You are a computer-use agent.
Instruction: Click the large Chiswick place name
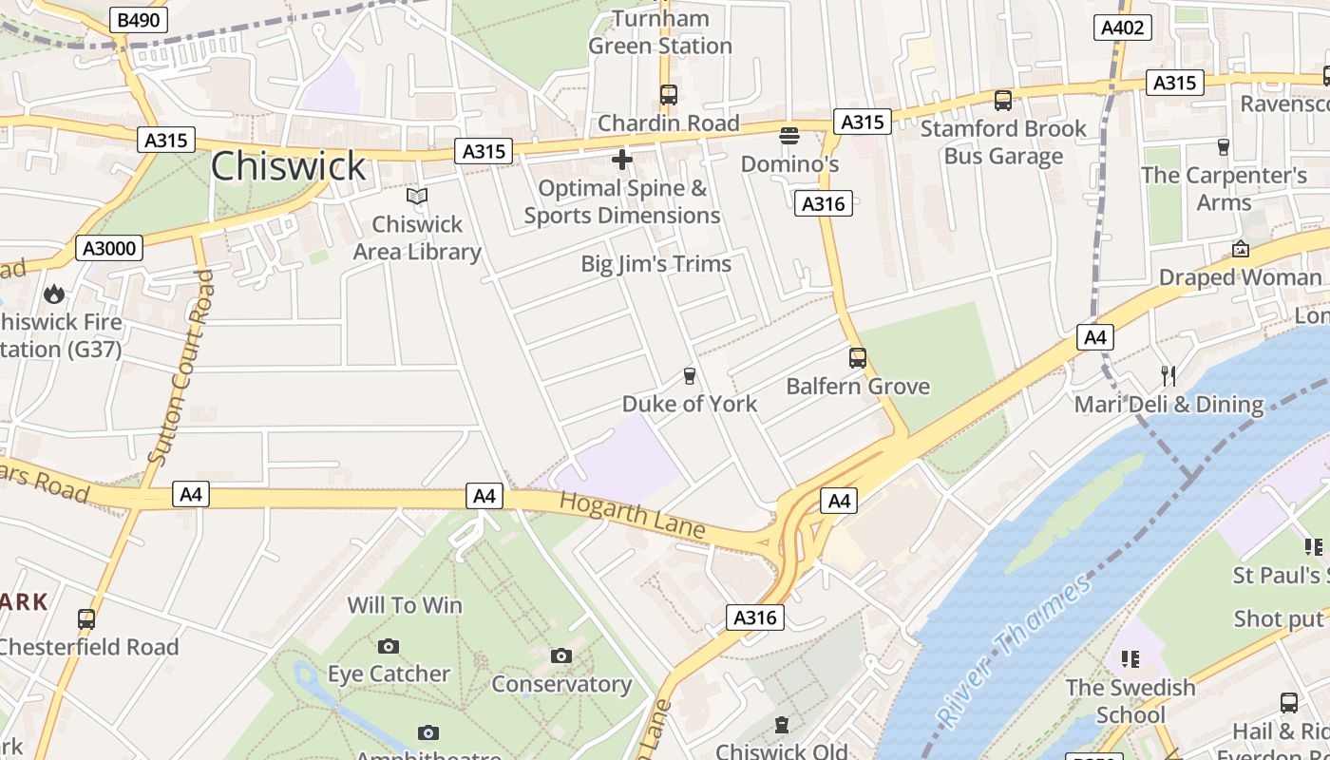[x=288, y=166]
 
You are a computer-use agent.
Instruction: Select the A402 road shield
[x=1122, y=28]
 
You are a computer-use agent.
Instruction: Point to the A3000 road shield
[x=109, y=249]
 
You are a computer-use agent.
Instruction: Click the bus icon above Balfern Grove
[x=858, y=358]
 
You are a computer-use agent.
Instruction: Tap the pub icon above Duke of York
[x=690, y=376]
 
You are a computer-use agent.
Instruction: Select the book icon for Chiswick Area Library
[x=417, y=197]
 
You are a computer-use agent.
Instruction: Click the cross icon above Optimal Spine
[x=622, y=159]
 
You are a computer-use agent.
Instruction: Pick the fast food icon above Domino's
[x=789, y=136]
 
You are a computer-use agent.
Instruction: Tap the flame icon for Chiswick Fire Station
[x=54, y=294]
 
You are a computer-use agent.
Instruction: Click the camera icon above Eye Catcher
[x=389, y=646]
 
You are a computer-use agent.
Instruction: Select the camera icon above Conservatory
[x=561, y=655]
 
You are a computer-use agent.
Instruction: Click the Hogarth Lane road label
[x=632, y=514]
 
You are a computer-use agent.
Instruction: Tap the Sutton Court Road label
[x=181, y=369]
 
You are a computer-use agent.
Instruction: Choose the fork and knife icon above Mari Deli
[x=1168, y=376]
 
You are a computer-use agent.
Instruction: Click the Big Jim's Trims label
[x=655, y=264]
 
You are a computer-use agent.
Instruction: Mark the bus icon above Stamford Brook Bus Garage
[x=1003, y=101]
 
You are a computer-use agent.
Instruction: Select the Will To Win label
[x=405, y=605]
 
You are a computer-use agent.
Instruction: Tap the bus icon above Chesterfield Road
[x=86, y=619]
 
